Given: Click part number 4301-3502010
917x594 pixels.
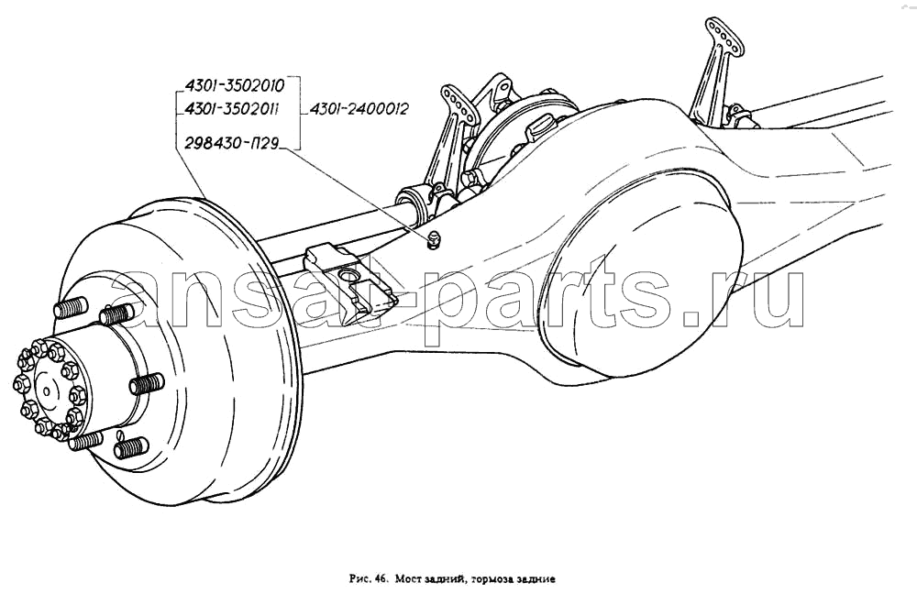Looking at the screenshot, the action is click(235, 86).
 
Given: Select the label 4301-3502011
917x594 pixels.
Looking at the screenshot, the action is click(232, 109).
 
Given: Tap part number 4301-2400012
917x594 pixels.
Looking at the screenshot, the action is click(359, 109).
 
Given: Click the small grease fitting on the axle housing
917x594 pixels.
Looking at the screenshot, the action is click(433, 238).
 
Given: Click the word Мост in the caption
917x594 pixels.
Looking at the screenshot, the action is click(406, 580).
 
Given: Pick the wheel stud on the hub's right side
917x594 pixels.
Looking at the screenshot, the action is click(146, 385).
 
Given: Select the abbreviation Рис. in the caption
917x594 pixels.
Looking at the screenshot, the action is click(359, 580).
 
